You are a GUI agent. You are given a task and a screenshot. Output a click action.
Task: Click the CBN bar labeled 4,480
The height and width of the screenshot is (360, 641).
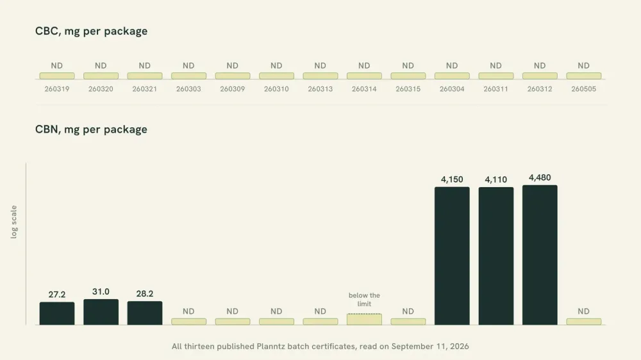point(540,255)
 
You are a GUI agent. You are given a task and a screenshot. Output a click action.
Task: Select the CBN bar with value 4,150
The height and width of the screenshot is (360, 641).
point(452,256)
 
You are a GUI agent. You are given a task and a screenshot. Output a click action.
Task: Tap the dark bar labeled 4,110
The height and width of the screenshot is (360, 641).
point(496,256)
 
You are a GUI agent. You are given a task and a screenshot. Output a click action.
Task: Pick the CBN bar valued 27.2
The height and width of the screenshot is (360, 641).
point(57,313)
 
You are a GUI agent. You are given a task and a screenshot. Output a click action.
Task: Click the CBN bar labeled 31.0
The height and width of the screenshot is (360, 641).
point(101,312)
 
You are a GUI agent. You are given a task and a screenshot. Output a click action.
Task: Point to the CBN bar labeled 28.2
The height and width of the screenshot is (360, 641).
point(145,313)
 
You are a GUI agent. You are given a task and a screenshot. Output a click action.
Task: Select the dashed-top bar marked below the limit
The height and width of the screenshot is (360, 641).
point(364,319)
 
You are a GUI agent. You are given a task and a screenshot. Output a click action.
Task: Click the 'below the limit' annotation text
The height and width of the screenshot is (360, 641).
point(364,300)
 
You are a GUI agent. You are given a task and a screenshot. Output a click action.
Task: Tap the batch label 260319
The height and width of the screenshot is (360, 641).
point(57,88)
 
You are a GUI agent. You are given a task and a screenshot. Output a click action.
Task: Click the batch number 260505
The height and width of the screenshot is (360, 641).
point(583,88)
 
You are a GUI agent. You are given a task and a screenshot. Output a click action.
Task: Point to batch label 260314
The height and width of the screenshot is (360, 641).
point(364,88)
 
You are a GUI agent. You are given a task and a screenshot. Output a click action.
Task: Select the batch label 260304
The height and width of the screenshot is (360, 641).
point(452,88)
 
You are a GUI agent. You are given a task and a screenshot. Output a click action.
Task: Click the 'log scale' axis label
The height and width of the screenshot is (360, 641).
point(14,222)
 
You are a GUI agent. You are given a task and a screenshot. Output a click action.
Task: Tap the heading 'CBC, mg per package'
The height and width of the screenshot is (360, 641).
point(91,31)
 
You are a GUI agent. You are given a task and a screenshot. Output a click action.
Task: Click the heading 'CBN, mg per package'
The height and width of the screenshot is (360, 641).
point(91,129)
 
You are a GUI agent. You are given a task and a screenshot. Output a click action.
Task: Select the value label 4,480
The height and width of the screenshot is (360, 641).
point(540,177)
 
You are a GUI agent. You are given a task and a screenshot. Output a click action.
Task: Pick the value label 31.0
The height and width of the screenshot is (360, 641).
point(101,291)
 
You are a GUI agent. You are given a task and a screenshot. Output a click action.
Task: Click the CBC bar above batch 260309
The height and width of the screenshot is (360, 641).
point(233,76)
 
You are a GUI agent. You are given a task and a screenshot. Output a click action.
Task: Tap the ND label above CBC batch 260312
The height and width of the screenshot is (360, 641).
point(540,65)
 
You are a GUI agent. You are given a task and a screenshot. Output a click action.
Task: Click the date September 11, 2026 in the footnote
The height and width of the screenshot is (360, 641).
point(430,347)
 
